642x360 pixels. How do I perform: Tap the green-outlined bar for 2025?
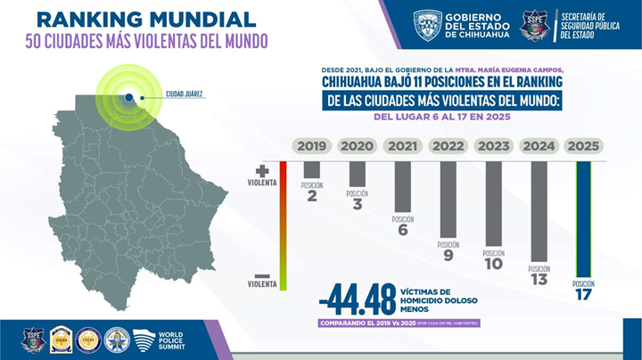(x=584, y=218)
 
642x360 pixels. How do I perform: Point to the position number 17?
(x=583, y=294)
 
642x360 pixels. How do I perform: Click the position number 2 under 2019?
(x=311, y=196)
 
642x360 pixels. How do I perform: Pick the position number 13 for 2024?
(x=539, y=280)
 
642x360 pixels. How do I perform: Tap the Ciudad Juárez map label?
(x=185, y=94)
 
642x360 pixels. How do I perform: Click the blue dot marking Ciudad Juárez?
(x=130, y=96)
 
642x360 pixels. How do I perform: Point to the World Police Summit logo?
(x=158, y=340)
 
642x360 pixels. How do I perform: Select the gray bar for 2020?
(x=357, y=174)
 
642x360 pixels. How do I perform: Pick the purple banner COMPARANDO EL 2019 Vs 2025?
(x=399, y=323)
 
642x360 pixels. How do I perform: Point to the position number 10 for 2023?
(x=493, y=264)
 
